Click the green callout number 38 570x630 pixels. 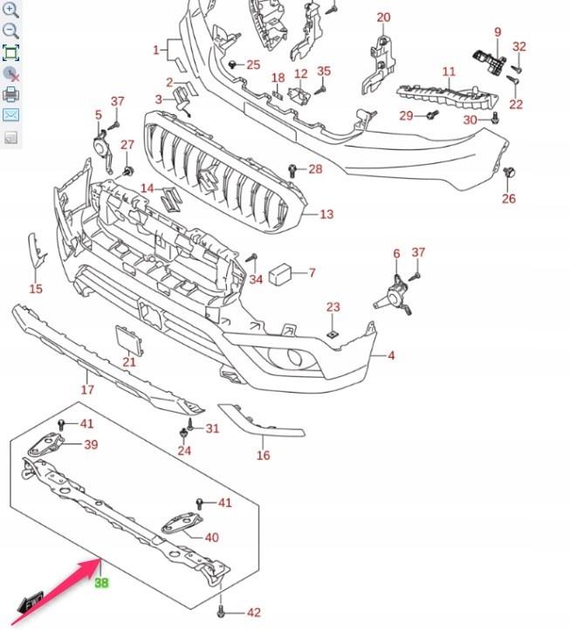pyautogui.click(x=101, y=583)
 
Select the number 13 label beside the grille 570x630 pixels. pyautogui.click(x=326, y=214)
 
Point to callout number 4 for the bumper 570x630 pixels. pyautogui.click(x=391, y=355)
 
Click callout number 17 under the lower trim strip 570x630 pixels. pyautogui.click(x=87, y=389)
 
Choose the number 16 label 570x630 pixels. pyautogui.click(x=264, y=455)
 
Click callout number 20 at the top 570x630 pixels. pyautogui.click(x=383, y=17)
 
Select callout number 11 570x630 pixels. pyautogui.click(x=448, y=72)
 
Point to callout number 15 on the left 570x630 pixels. pyautogui.click(x=36, y=289)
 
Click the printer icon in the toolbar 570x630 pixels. pyautogui.click(x=11, y=94)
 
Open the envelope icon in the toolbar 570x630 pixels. pyautogui.click(x=11, y=115)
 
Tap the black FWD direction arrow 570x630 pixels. pyautogui.click(x=32, y=602)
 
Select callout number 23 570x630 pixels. pyautogui.click(x=333, y=307)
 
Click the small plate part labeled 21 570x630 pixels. pyautogui.click(x=127, y=339)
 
